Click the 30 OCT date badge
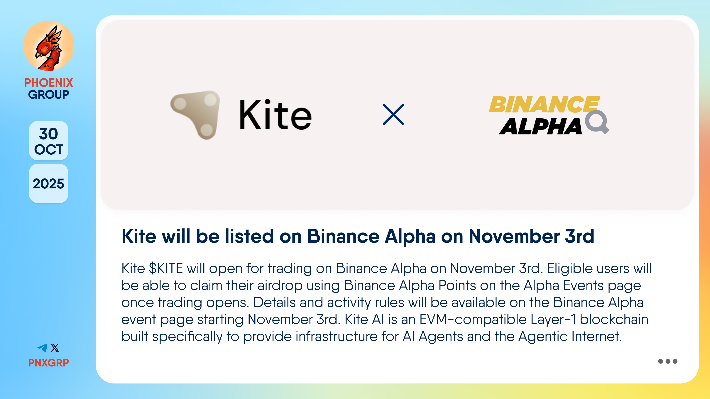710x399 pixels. tap(48, 141)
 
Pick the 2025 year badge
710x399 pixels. tap(48, 184)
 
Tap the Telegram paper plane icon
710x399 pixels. tap(43, 348)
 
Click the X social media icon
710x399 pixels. tap(55, 348)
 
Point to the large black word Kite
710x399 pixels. tap(275, 115)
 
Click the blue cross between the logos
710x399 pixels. tap(393, 115)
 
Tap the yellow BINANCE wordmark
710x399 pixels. tap(544, 105)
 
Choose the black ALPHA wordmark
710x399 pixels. tap(540, 126)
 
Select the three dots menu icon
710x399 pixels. tap(668, 361)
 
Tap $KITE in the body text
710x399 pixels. tap(166, 268)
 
